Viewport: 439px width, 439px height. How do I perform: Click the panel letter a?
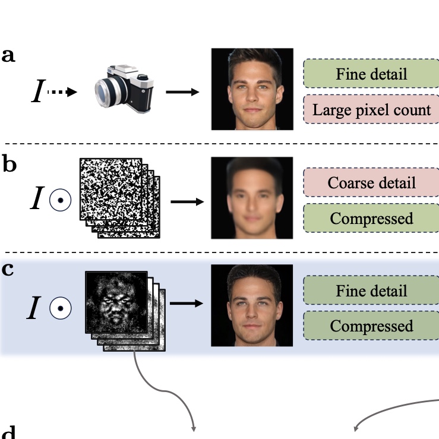(x=8, y=56)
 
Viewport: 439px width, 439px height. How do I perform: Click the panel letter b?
(x=9, y=164)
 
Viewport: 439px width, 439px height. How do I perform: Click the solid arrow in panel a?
(x=182, y=92)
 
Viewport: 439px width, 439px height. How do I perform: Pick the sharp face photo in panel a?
(x=252, y=89)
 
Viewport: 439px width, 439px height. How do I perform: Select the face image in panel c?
(x=252, y=305)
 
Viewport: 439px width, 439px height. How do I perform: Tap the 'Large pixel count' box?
(x=371, y=109)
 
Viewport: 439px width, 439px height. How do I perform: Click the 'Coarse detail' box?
(x=371, y=182)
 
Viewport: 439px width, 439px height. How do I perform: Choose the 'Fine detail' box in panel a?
(x=371, y=74)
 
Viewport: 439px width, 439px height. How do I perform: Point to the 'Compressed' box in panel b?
(x=371, y=218)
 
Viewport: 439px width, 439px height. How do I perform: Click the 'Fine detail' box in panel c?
(x=371, y=290)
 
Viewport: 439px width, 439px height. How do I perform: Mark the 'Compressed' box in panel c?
(x=371, y=326)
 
